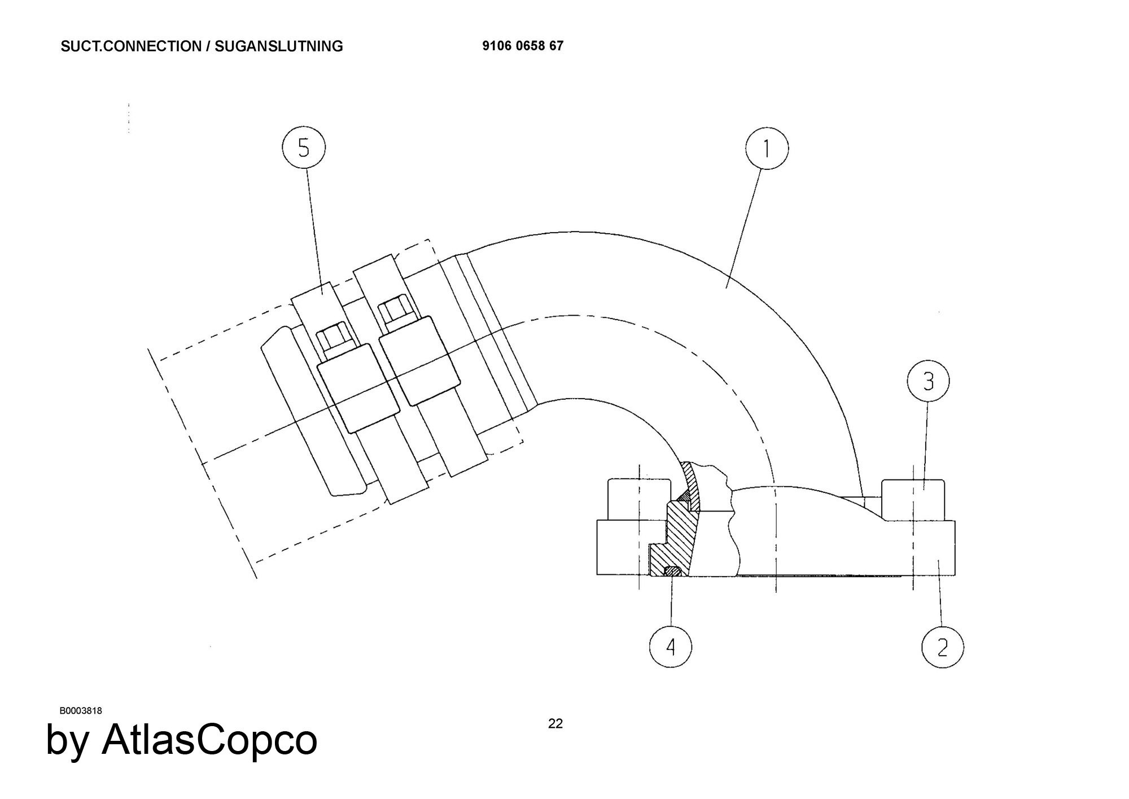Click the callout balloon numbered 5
coord(304,149)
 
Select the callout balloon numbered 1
coord(767,149)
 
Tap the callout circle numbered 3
coord(928,382)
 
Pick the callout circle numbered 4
coord(671,647)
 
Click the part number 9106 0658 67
coord(523,46)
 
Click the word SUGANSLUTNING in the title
coord(279,46)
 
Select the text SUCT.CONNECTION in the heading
coord(131,46)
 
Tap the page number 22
coord(555,723)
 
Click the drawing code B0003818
coord(81,710)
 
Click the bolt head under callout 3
coord(913,500)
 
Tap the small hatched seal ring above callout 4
coord(671,571)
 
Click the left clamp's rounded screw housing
coord(358,388)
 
